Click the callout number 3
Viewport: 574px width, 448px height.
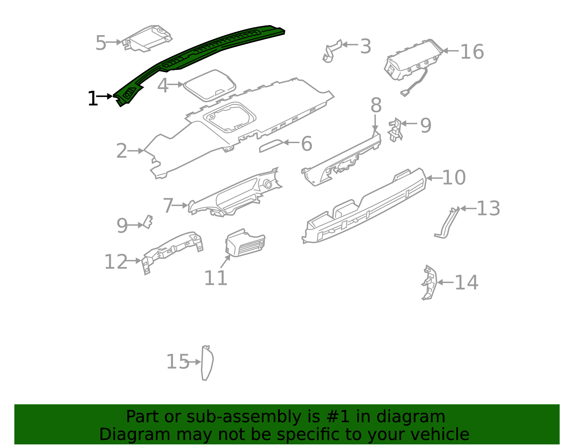coord(366,47)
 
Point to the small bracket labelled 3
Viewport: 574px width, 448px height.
coord(332,50)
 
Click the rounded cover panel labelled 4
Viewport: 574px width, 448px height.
coord(210,85)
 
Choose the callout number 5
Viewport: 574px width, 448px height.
coord(101,43)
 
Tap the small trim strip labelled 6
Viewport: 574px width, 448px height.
coord(271,146)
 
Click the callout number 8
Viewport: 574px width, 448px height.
coord(376,106)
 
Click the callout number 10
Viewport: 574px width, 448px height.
coord(454,178)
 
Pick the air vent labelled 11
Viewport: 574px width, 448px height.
coord(245,244)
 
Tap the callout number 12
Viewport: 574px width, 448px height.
coord(116,262)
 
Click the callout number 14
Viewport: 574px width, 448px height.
coord(466,283)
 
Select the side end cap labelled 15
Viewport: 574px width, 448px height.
coord(207,363)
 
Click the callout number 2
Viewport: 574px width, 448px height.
coord(122,151)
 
